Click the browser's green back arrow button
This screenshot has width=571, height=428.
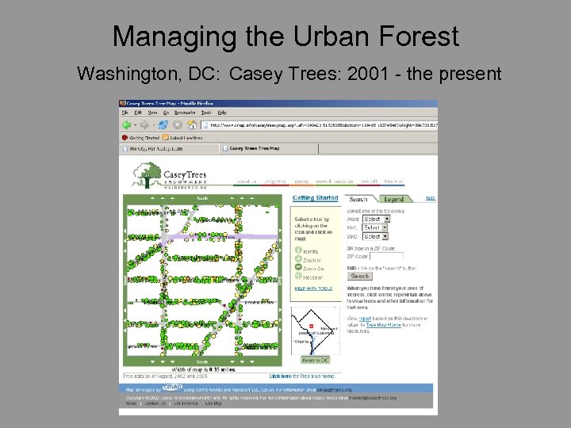click(x=126, y=124)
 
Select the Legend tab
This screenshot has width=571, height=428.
click(x=394, y=199)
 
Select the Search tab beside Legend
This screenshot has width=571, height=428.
click(x=358, y=199)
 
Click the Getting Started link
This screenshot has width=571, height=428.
click(x=315, y=198)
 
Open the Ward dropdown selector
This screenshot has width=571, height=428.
click(x=374, y=219)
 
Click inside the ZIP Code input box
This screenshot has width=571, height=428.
click(x=386, y=256)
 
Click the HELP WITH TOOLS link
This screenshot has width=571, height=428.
click(x=314, y=289)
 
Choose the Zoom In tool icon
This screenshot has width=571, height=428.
click(x=298, y=259)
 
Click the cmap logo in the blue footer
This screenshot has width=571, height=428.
click(x=172, y=389)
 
